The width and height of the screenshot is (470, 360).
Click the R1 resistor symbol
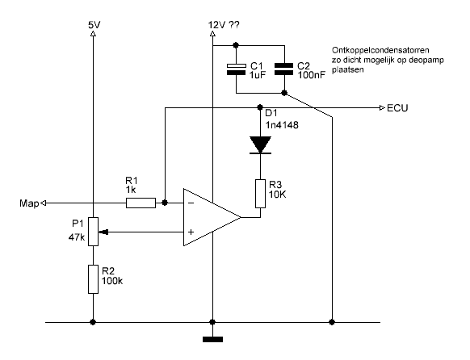coord(141,203)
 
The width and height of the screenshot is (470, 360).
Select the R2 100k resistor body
coord(93,279)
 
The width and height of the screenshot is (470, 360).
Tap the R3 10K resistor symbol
coord(261,194)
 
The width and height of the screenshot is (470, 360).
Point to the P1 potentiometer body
coord(93,232)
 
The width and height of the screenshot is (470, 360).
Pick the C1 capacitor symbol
coord(236,69)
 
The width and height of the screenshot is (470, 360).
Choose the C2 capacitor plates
coord(284,69)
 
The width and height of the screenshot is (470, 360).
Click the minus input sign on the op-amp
coord(191,203)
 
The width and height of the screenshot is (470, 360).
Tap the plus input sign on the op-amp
coord(191,232)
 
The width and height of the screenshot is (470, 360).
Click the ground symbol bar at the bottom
coord(213,339)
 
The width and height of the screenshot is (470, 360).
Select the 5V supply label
coord(94,25)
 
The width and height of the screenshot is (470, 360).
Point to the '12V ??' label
coord(224,25)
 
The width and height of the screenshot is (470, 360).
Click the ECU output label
coord(397,108)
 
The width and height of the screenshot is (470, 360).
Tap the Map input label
coord(29,203)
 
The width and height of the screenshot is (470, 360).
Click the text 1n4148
coord(282,125)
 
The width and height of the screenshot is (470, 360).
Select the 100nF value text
coord(312,75)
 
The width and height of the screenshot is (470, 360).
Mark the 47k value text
coord(77,237)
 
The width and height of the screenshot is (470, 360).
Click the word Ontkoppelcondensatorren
coord(380,50)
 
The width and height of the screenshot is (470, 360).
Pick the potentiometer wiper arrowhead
coord(104,232)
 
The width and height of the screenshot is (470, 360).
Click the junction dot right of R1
coord(165,203)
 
